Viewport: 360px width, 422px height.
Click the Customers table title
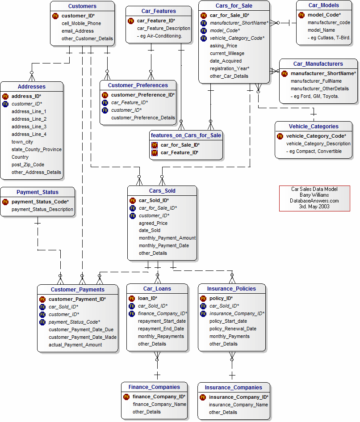point(82,6)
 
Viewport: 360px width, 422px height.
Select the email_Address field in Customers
point(78,31)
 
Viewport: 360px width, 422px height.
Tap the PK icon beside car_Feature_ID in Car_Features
point(131,21)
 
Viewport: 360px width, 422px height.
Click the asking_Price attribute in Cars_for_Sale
point(223,46)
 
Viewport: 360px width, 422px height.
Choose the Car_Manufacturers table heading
point(318,64)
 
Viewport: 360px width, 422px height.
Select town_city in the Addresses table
point(22,142)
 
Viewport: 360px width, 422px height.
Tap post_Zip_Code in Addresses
point(28,165)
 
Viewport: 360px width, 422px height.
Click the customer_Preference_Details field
point(143,118)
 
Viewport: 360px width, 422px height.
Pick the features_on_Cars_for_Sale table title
point(186,135)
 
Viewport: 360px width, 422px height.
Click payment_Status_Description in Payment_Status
point(42,209)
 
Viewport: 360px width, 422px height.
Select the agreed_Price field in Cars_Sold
point(153,223)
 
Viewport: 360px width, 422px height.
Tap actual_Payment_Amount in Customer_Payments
point(75,345)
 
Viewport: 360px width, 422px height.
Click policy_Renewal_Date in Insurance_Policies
point(233,329)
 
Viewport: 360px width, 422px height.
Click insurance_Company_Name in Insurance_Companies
point(238,405)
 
